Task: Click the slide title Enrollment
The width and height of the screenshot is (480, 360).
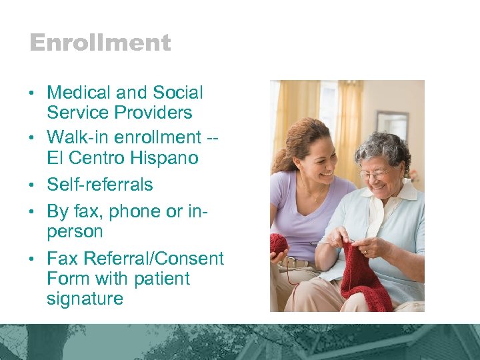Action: pyautogui.click(x=100, y=43)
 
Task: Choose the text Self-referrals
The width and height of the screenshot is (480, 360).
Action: pyautogui.click(x=100, y=185)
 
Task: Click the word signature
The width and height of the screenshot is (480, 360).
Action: pyautogui.click(x=85, y=299)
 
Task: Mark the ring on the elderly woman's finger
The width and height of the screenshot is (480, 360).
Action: pyautogui.click(x=365, y=252)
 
